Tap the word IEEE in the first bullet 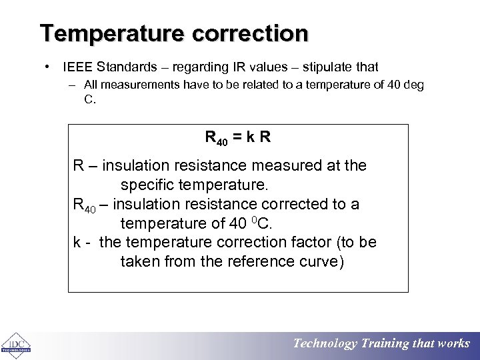click(77, 67)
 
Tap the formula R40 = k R click(237, 139)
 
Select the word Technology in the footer click(325, 343)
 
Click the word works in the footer click(454, 343)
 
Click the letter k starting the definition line click(77, 242)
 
